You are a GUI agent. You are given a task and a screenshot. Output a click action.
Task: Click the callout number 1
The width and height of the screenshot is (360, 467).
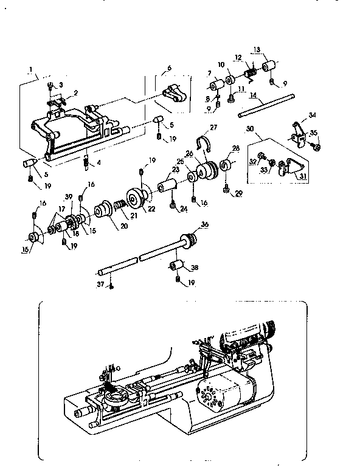(30, 69)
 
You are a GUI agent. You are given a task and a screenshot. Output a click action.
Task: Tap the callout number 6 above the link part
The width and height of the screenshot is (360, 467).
(169, 67)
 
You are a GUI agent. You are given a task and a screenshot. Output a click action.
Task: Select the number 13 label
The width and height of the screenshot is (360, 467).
(256, 49)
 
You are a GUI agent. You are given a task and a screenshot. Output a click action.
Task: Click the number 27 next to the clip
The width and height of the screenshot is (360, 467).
(213, 128)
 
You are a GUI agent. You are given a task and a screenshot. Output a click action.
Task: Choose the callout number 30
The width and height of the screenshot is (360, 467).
(249, 129)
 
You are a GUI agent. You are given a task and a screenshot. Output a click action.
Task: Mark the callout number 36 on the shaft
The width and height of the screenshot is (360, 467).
(204, 224)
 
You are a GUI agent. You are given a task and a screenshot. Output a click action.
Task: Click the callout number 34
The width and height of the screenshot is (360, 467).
(313, 116)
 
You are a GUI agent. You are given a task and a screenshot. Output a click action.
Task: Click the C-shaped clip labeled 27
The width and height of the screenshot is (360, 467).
(205, 145)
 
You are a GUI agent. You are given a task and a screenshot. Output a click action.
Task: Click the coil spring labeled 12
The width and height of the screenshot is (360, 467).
(249, 74)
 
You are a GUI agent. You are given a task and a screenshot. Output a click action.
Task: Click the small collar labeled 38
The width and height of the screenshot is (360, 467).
(176, 266)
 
